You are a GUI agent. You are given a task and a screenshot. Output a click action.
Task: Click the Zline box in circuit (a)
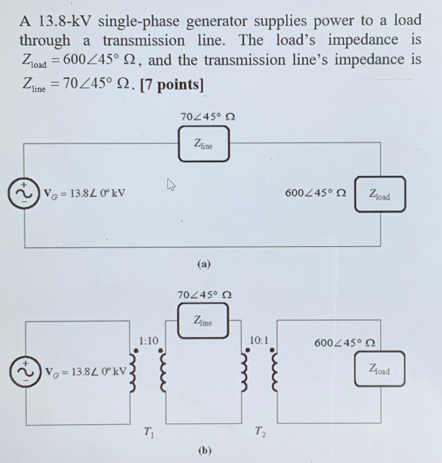click(x=203, y=145)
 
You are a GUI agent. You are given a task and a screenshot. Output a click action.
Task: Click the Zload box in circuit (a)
click(x=379, y=194)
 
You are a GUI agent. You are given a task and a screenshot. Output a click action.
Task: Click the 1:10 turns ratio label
click(x=149, y=341)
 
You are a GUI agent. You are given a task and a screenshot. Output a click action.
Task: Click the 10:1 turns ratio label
click(x=259, y=341)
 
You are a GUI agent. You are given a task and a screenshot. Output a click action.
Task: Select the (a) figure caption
click(x=204, y=264)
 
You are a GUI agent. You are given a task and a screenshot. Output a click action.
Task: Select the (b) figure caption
click(x=204, y=450)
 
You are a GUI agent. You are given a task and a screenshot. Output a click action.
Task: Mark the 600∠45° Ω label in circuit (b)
click(x=344, y=343)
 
